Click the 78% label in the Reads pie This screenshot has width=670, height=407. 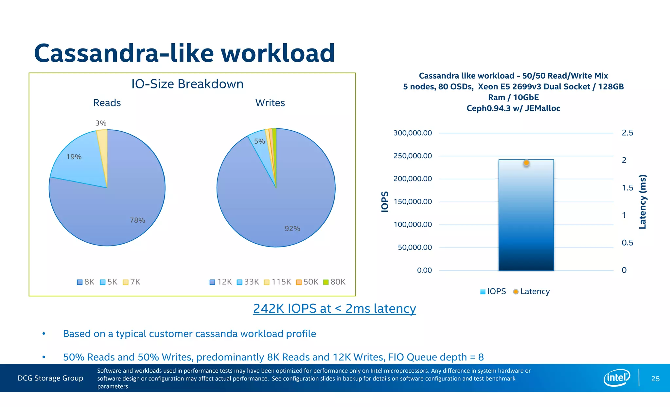(x=137, y=220)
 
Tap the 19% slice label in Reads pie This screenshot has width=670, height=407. (x=74, y=157)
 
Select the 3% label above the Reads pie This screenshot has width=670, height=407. (x=101, y=123)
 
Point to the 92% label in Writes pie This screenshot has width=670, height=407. (x=292, y=229)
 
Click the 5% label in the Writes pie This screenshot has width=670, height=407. (x=259, y=141)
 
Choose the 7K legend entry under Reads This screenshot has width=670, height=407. (x=132, y=282)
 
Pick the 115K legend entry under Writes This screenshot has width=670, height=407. (x=277, y=282)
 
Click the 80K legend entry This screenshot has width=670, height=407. (x=334, y=282)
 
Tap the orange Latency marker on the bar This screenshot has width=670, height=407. (x=526, y=163)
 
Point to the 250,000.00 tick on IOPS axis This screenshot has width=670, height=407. (x=412, y=156)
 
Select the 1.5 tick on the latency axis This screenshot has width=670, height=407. (x=627, y=188)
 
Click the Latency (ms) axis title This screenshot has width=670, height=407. (x=643, y=201)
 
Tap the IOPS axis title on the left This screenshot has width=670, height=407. (x=385, y=202)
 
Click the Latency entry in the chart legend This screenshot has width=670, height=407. (x=531, y=291)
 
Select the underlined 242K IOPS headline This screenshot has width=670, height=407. (x=334, y=308)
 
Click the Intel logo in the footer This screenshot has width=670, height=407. (x=616, y=378)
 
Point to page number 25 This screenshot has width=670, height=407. (x=655, y=379)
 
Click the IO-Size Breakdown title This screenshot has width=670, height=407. (x=187, y=84)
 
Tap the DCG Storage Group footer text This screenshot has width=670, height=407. (x=50, y=378)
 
